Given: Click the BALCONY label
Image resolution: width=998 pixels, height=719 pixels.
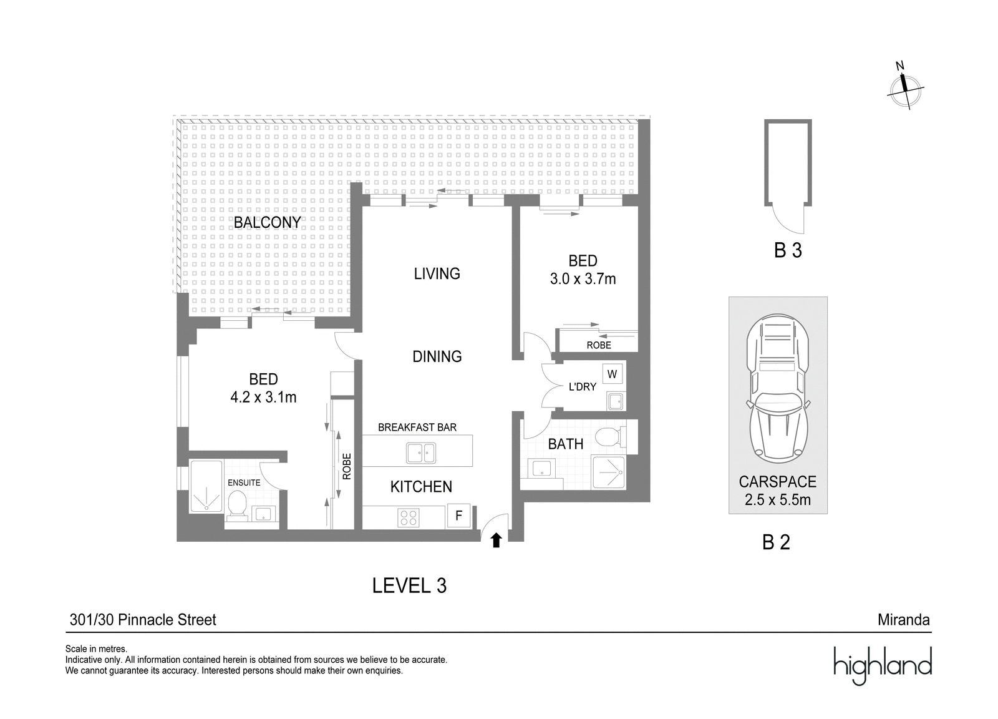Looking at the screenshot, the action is [x=268, y=222].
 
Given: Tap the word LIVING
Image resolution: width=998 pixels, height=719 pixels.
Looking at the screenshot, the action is [x=437, y=273].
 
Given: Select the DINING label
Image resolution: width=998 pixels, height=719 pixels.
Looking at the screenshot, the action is [x=437, y=356].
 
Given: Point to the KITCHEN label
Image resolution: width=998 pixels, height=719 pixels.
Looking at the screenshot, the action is [x=421, y=486].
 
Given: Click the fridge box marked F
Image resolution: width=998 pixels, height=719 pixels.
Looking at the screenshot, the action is [x=458, y=516].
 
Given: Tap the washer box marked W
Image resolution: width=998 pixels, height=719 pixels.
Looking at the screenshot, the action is [x=612, y=374].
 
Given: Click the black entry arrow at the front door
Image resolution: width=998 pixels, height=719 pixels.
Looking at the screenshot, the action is [x=497, y=540].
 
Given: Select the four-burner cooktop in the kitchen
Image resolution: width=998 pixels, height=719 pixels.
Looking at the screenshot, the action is [x=409, y=518].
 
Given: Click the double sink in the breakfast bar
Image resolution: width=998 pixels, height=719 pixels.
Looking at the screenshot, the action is [x=420, y=453].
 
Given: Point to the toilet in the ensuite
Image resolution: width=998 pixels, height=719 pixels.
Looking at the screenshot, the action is [x=237, y=506].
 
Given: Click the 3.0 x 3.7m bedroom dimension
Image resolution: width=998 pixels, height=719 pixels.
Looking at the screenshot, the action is [x=583, y=279].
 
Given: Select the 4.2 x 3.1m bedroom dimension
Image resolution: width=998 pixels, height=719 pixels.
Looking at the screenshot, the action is [x=263, y=397].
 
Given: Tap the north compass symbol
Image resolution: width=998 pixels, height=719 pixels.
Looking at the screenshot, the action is [x=905, y=92].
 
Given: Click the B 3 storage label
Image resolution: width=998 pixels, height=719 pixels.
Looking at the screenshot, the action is [x=788, y=250].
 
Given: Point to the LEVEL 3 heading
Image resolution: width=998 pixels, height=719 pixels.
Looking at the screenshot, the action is [x=409, y=585].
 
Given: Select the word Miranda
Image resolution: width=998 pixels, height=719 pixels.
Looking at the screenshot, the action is [x=904, y=620].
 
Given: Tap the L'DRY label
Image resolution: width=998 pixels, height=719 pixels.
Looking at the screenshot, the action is [x=583, y=387].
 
